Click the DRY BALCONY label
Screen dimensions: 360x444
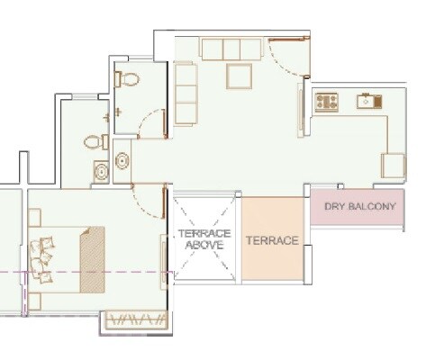[x=359, y=207]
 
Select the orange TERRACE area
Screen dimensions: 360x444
[x=275, y=241]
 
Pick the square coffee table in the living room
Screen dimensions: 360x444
[x=240, y=76]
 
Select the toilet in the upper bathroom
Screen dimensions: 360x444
[x=128, y=78]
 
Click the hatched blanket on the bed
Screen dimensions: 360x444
[x=92, y=259]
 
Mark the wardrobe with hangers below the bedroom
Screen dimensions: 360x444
[x=136, y=319]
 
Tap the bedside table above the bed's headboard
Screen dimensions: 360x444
[x=34, y=217]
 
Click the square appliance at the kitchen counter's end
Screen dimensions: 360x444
[x=393, y=166]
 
